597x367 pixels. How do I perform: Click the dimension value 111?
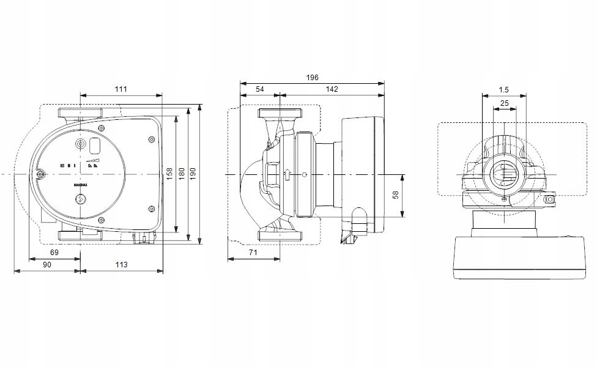(121, 89)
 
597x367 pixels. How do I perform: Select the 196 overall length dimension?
(312, 78)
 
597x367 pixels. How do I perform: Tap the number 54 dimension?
(259, 89)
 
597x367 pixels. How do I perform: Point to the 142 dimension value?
(332, 89)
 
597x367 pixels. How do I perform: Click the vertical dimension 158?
(169, 174)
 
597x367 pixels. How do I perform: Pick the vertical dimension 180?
(182, 174)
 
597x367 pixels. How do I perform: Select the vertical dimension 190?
(194, 174)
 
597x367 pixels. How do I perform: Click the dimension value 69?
(54, 253)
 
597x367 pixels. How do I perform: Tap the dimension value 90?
(46, 264)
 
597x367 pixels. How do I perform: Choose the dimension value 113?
(121, 264)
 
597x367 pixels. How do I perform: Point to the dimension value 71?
(253, 253)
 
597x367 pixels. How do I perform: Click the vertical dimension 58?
(396, 195)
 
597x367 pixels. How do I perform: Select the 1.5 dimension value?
(503, 90)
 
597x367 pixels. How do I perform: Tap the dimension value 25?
(504, 103)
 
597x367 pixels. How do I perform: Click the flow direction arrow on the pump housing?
(286, 175)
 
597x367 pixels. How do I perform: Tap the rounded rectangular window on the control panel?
(95, 146)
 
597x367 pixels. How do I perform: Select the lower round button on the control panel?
(80, 199)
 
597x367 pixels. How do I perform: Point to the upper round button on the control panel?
(80, 145)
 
